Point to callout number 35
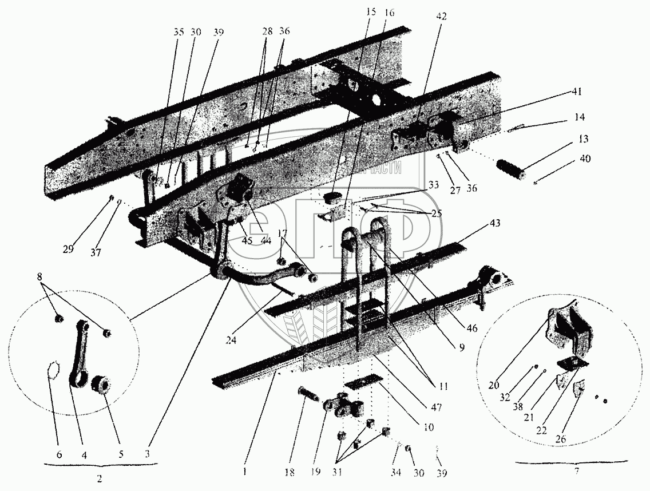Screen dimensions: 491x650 (x=179, y=33)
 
